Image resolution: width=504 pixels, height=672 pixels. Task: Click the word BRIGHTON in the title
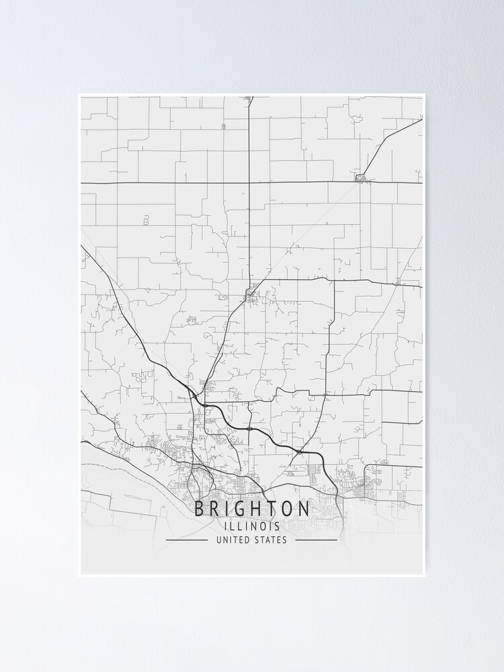[252, 509]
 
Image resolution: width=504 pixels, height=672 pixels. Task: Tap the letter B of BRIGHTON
[200, 509]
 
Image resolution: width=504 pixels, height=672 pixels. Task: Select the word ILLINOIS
[252, 526]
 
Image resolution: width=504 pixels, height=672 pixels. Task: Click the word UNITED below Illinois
[233, 540]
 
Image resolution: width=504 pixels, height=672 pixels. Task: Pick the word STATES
[271, 540]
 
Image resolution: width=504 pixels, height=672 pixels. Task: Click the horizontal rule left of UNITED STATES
[187, 540]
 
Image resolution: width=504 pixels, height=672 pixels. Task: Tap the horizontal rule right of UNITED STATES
[317, 540]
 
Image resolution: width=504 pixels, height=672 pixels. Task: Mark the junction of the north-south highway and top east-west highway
[249, 182]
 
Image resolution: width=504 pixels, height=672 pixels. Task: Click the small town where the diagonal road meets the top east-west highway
[362, 178]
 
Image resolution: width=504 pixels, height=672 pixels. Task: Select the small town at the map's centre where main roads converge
[251, 293]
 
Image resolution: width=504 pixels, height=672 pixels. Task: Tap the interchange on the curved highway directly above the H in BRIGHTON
[249, 427]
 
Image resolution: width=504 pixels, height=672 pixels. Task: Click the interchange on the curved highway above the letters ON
[298, 452]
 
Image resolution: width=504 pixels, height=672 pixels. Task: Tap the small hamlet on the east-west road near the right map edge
[398, 282]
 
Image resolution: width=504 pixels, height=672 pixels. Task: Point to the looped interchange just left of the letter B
[192, 479]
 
